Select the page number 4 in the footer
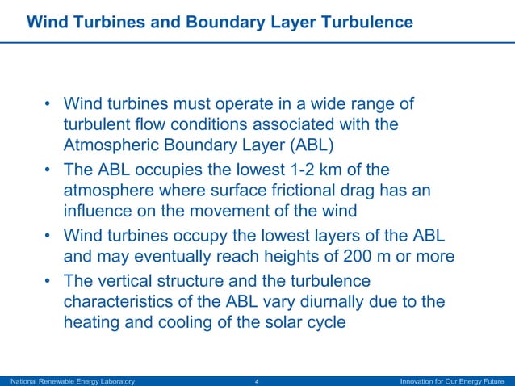pos(257,380)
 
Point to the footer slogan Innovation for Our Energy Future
pos(452,380)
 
